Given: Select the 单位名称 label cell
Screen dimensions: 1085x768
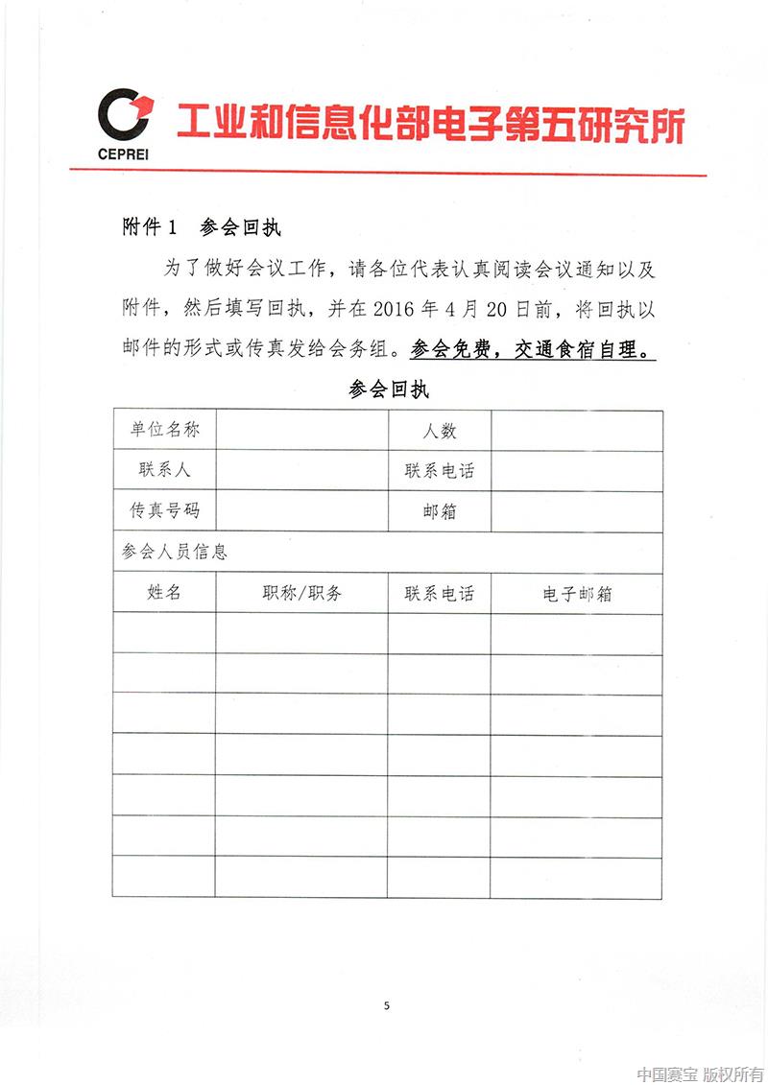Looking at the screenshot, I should coord(164,431).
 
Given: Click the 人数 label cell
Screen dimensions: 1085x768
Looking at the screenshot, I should coord(440,431).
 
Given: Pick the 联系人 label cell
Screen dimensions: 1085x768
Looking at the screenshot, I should coord(164,471).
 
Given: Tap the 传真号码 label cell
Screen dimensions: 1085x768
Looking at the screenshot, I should coord(164,511).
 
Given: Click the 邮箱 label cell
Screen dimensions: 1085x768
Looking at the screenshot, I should coord(440,511).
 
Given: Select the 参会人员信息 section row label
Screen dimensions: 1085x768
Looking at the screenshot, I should coord(174,553).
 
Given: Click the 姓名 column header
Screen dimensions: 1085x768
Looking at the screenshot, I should coord(164,593).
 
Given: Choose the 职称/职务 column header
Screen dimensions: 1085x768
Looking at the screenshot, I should coord(301,593).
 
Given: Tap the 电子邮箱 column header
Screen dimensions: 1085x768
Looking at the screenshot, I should coord(576,594).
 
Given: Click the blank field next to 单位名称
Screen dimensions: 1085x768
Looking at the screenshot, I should coord(301,431).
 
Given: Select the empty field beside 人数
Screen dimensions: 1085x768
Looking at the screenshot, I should coord(576,431).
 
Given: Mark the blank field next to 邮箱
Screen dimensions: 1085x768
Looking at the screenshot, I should coord(576,511).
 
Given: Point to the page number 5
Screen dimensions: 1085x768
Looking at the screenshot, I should coord(386,1005).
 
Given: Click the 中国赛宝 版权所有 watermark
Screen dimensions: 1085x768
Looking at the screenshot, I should coord(701,1073).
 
